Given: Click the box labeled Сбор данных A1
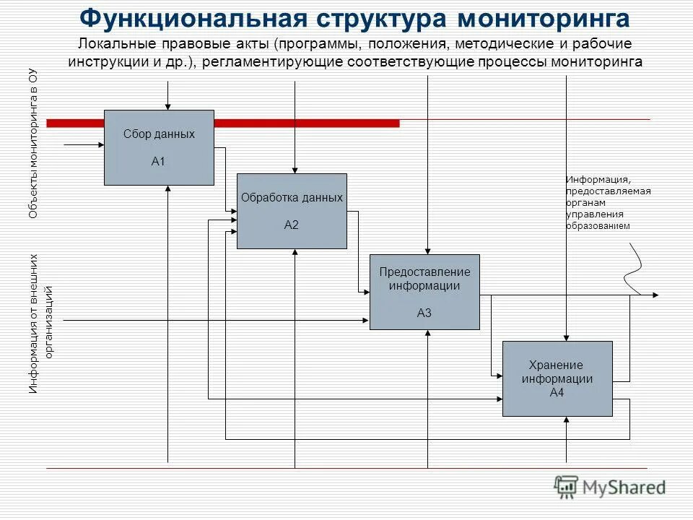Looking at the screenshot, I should pos(159,147).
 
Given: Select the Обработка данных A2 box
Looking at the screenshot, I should pos(292,211).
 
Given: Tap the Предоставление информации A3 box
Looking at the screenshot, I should pos(424,292).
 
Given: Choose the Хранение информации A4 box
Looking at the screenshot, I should pos(557,378).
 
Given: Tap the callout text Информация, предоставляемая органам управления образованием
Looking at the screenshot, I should pos(608,202).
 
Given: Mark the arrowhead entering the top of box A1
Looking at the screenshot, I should pos(167,106).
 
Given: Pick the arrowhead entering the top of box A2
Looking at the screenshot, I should pos(295,170).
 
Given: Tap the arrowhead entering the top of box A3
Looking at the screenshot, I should pos(428,251).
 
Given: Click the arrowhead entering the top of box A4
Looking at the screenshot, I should pos(567,337).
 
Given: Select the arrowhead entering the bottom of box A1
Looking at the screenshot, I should pos(167,189).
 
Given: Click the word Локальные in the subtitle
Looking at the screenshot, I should pos(108,45).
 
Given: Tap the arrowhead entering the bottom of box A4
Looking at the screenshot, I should pos(567,420).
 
